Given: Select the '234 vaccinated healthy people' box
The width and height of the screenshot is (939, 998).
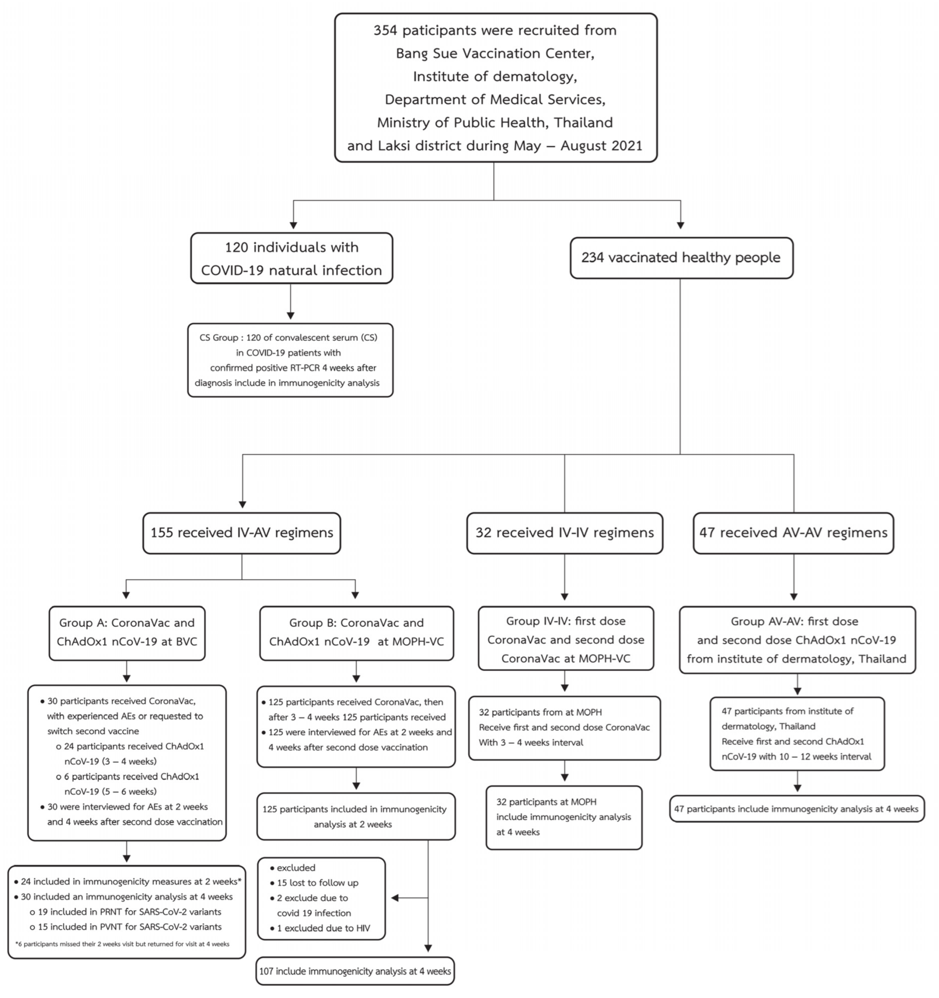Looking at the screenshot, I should pos(681,258).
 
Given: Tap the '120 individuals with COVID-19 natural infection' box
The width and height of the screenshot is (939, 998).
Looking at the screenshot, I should pos(291,258).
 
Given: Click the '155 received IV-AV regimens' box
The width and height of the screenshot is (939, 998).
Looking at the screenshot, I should pos(242,533).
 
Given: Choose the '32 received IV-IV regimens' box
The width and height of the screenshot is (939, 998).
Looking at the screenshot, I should pos(564,533).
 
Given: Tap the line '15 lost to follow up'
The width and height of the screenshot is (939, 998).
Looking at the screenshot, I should pos(317,883).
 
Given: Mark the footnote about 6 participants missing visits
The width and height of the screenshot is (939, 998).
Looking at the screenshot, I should pos(122,944).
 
